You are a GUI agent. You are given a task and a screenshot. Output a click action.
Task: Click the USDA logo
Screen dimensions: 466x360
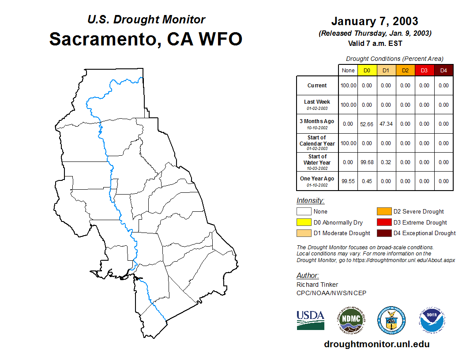(311, 320)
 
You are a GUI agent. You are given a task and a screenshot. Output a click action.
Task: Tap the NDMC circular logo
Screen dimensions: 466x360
(351, 320)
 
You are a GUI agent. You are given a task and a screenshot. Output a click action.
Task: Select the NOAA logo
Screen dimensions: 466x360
(432, 320)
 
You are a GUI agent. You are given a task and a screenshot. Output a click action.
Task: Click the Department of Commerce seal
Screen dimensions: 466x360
(391, 320)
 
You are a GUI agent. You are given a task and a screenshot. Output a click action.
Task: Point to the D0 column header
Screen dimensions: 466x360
(367, 71)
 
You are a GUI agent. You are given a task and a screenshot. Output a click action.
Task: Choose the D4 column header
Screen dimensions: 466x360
(443, 71)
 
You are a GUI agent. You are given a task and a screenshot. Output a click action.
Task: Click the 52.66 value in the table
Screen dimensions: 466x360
(367, 124)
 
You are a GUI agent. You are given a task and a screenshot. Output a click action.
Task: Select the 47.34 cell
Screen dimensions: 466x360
(386, 124)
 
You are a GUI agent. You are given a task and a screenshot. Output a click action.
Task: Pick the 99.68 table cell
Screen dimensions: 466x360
(367, 162)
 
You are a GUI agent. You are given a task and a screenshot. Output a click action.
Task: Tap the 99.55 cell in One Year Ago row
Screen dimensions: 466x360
(348, 181)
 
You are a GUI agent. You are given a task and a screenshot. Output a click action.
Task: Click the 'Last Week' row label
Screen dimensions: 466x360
(317, 101)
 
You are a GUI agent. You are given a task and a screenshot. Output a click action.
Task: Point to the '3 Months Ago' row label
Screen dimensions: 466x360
(317, 121)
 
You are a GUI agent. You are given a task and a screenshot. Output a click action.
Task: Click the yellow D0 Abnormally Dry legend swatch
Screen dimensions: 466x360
(304, 222)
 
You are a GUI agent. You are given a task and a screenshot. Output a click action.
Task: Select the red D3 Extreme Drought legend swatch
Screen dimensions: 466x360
(384, 222)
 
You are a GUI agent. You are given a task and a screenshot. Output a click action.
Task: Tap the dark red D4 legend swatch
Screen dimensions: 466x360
(384, 233)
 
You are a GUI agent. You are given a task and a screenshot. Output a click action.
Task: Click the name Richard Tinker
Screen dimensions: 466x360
(317, 285)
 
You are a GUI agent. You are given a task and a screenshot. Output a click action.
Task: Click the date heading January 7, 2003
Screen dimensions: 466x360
(375, 21)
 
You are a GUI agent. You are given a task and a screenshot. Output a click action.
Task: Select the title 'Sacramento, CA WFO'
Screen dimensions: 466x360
(146, 39)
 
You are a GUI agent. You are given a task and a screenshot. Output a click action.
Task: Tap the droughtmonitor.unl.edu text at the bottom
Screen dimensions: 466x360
(377, 344)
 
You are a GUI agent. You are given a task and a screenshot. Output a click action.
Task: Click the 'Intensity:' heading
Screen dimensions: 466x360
(310, 200)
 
